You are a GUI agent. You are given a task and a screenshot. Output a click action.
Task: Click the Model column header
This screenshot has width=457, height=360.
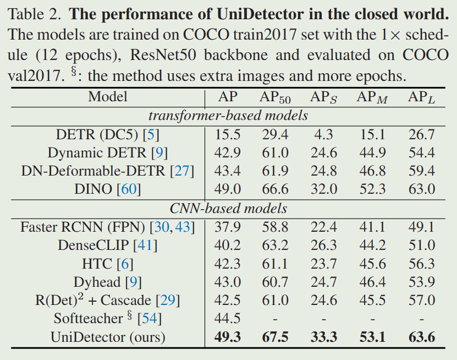(108, 97)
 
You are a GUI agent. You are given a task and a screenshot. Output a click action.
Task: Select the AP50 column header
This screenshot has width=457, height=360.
(275, 98)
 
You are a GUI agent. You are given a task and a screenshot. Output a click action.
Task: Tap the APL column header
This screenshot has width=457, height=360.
(422, 98)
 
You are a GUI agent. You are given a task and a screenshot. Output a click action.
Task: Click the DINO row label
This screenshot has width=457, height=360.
(108, 189)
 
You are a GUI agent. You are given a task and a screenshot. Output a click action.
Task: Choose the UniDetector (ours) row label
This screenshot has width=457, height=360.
(108, 336)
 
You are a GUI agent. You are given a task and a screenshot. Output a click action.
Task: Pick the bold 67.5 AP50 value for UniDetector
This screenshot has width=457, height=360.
(275, 336)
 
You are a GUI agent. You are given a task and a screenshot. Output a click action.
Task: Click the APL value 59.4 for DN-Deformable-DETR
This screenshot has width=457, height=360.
(422, 171)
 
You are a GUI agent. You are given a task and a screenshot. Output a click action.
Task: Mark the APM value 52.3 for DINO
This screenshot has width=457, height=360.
(372, 189)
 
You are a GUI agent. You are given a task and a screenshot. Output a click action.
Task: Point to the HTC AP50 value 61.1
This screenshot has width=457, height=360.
(275, 264)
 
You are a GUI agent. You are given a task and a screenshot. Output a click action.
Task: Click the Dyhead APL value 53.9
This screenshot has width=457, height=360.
(422, 282)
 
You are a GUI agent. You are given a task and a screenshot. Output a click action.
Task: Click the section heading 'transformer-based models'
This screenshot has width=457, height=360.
(228, 116)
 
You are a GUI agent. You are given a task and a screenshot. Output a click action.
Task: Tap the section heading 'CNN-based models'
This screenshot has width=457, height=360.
(228, 208)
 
